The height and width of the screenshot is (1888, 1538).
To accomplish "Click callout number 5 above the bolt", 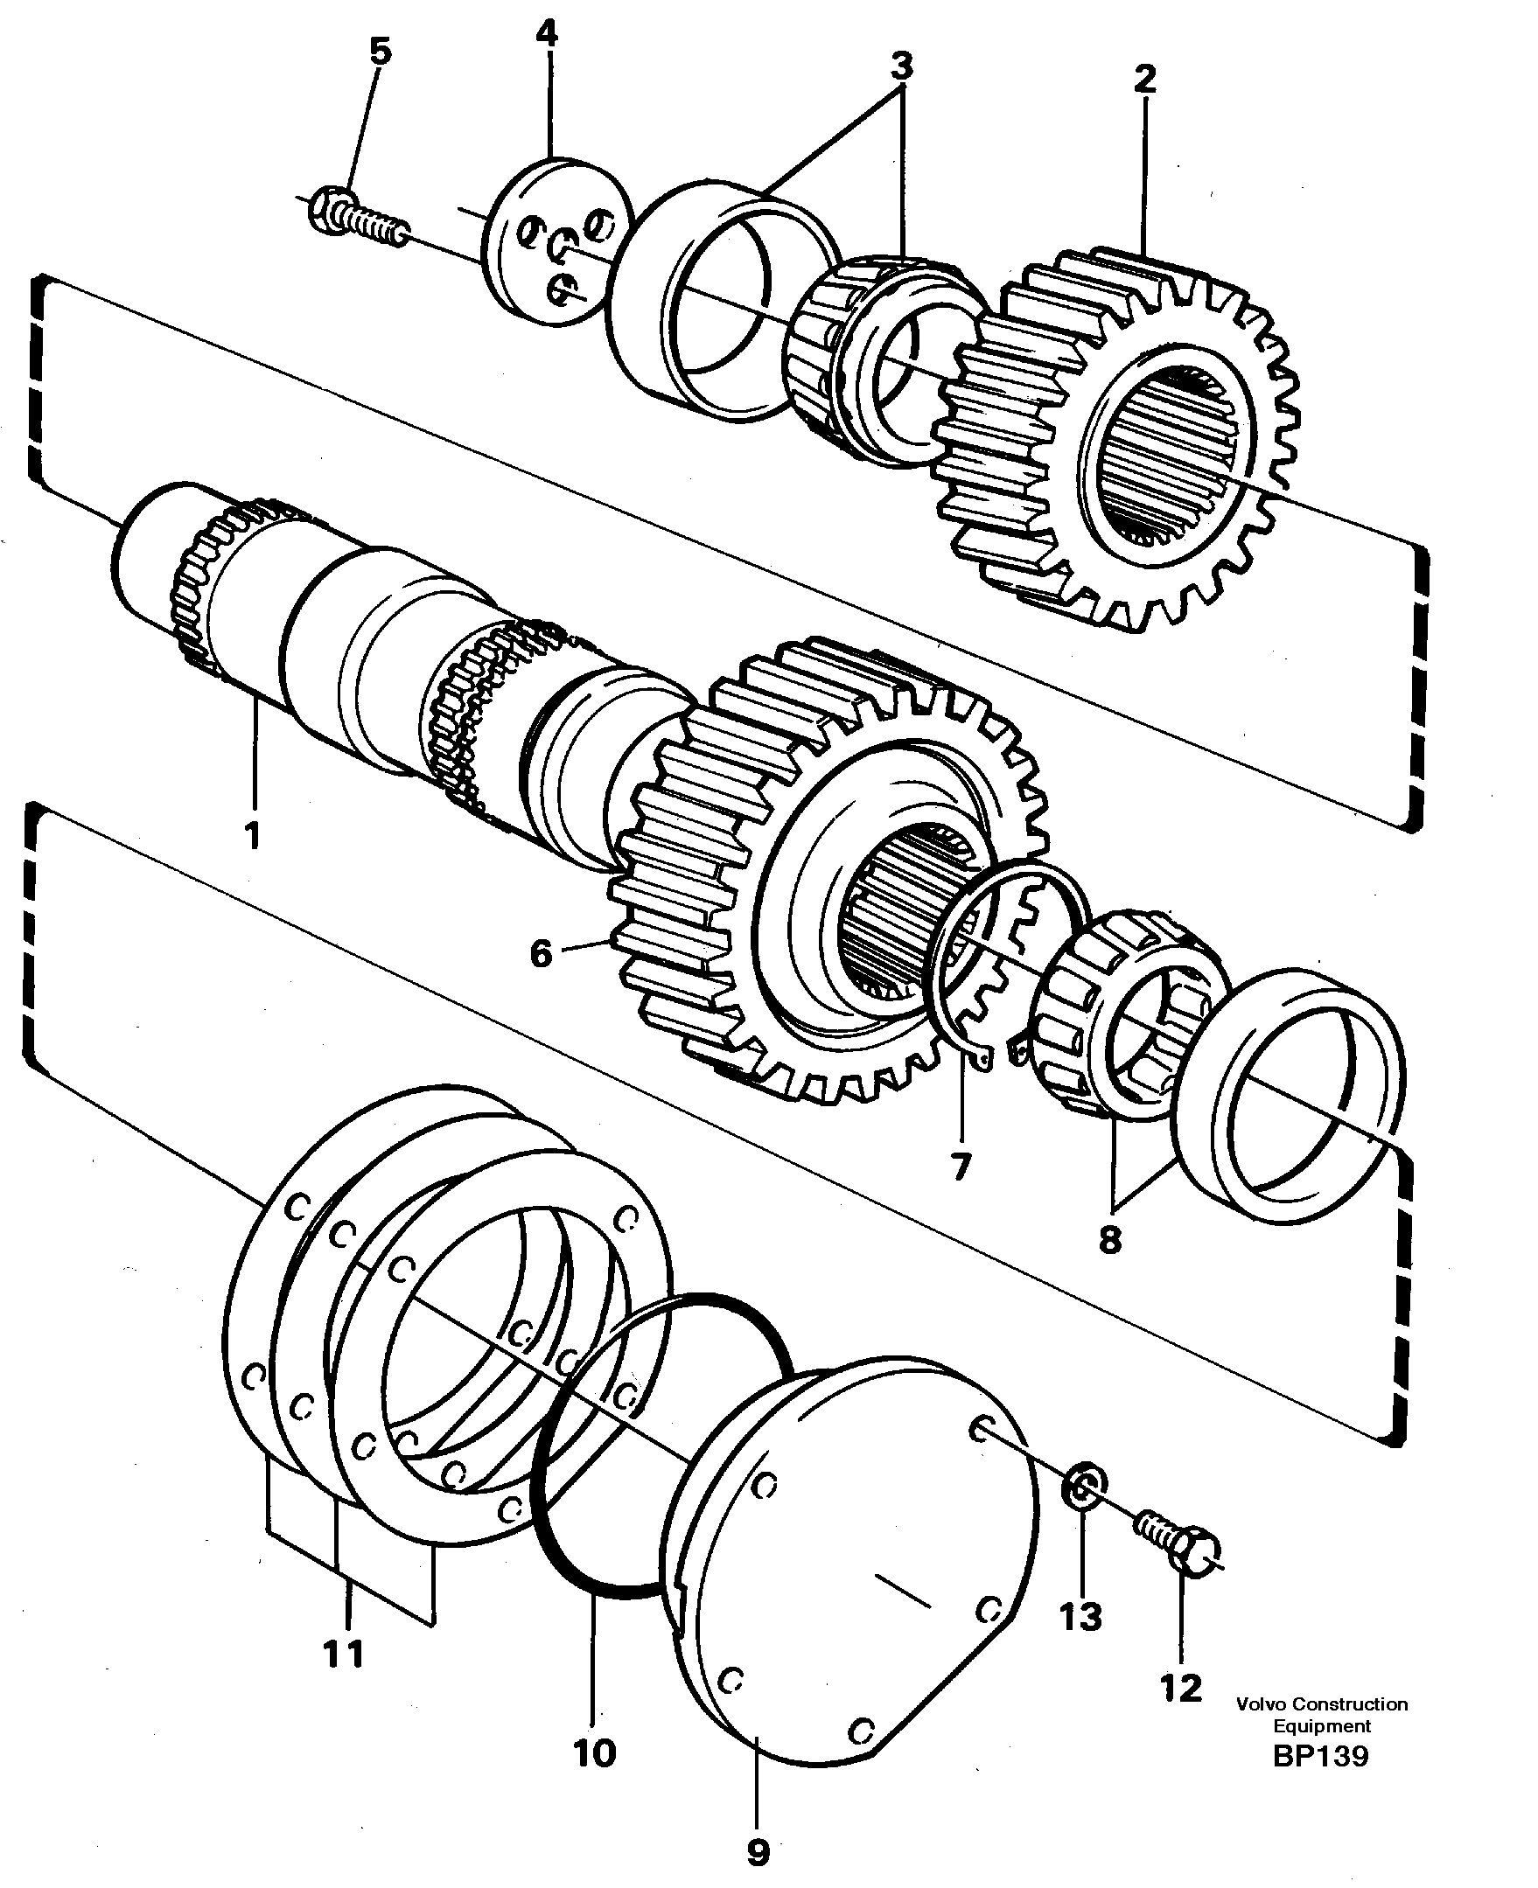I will click(379, 52).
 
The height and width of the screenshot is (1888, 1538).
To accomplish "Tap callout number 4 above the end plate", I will click(547, 33).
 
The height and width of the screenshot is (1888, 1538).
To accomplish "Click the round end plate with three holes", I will click(558, 240).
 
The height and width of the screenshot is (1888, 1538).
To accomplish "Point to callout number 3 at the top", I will click(901, 64).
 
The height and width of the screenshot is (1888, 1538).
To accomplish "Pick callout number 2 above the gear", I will click(1144, 79).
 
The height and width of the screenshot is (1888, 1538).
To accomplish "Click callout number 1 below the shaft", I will click(253, 835).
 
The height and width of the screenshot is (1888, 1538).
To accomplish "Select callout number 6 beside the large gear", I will click(541, 954).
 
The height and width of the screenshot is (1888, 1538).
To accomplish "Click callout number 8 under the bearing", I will click(1110, 1240).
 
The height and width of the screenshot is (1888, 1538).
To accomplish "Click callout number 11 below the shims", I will click(344, 1653).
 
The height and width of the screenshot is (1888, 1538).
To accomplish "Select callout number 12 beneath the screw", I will click(1181, 1688).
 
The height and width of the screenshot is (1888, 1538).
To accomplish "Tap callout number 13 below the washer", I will click(1080, 1617).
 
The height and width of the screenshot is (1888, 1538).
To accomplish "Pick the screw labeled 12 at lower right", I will click(1178, 1543).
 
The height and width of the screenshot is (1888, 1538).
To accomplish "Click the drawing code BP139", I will click(1321, 1755).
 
